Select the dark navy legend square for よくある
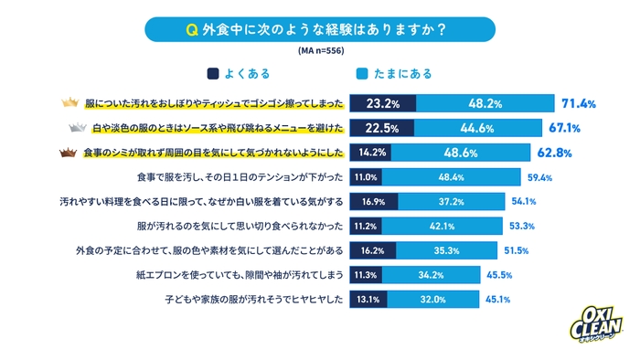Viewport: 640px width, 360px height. [x=212, y=73]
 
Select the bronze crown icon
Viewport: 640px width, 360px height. [x=69, y=153]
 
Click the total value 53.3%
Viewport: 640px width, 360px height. [x=521, y=226]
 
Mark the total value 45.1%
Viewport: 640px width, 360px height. [x=496, y=298]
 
